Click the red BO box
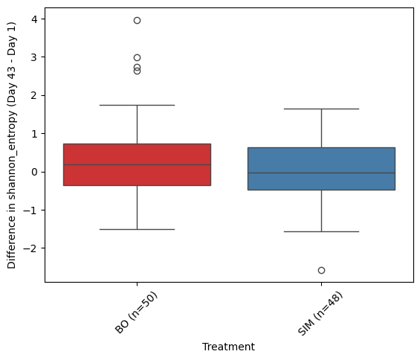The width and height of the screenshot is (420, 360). point(137,164)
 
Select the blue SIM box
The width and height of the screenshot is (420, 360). point(321,169)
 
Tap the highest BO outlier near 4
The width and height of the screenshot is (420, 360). point(137,20)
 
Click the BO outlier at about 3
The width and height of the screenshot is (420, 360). point(137,57)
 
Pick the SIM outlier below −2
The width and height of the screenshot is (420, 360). point(321,270)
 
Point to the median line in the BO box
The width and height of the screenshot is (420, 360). point(137,164)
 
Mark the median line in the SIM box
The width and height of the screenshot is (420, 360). point(321,173)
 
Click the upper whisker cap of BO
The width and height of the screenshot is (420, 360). point(137,105)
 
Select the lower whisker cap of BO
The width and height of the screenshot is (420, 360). point(137,229)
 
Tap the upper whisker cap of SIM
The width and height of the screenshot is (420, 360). point(321,109)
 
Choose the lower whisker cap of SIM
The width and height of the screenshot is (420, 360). point(321,231)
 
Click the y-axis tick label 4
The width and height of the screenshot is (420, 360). point(34,19)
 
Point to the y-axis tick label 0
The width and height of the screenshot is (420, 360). point(34,172)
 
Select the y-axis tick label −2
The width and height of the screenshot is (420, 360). point(30,248)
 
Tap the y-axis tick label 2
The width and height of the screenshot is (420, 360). point(34,95)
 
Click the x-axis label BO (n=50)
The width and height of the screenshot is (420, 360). point(136,313)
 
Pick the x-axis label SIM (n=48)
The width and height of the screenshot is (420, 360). point(320,313)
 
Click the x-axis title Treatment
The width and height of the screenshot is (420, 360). point(228,347)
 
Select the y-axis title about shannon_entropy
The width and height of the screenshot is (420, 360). point(11,145)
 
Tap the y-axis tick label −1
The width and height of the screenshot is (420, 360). point(30,210)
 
